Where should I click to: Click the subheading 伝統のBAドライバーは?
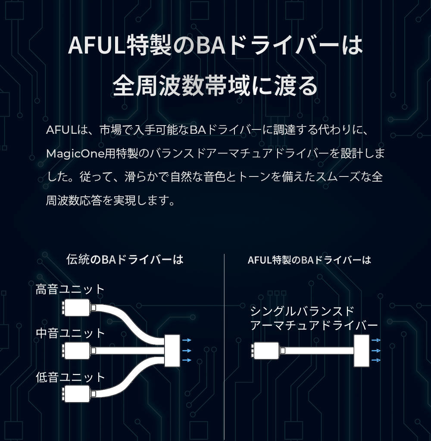[x=125, y=259]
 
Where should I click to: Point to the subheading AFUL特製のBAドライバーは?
[x=309, y=260]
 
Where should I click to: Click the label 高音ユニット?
[x=70, y=289]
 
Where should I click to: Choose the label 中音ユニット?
[x=70, y=333]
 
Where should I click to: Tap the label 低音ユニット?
[x=70, y=377]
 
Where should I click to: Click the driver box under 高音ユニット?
[x=77, y=307]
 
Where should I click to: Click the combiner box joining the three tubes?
[x=172, y=350]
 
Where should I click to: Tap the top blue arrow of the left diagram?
[x=187, y=340]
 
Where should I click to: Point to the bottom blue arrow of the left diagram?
[x=187, y=360]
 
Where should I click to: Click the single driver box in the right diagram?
[x=267, y=350]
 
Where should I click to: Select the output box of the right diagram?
[x=362, y=350]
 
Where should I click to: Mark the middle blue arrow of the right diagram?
[x=375, y=350]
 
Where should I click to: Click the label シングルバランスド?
[x=302, y=311]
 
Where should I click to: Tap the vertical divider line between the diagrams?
[x=225, y=345]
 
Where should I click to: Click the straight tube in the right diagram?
[x=319, y=351]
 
